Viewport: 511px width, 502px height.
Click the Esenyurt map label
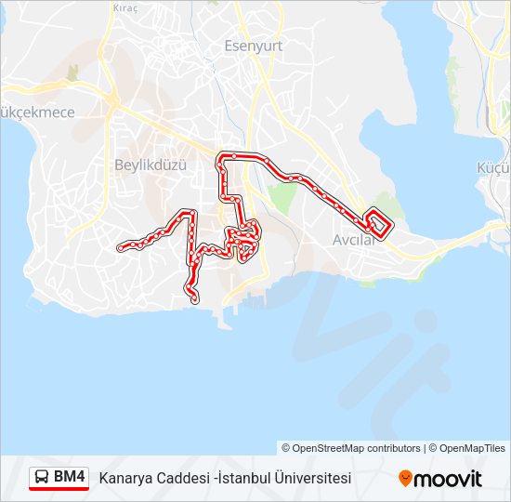253,45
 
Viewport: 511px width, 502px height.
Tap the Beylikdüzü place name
151,165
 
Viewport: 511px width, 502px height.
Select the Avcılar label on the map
353,240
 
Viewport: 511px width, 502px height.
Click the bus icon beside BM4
42,478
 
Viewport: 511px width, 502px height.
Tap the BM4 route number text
70,478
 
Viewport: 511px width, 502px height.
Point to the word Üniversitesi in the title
311,479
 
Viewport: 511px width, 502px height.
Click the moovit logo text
449,479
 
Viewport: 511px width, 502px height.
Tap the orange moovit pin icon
405,478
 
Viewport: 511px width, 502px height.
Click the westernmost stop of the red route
121,247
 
